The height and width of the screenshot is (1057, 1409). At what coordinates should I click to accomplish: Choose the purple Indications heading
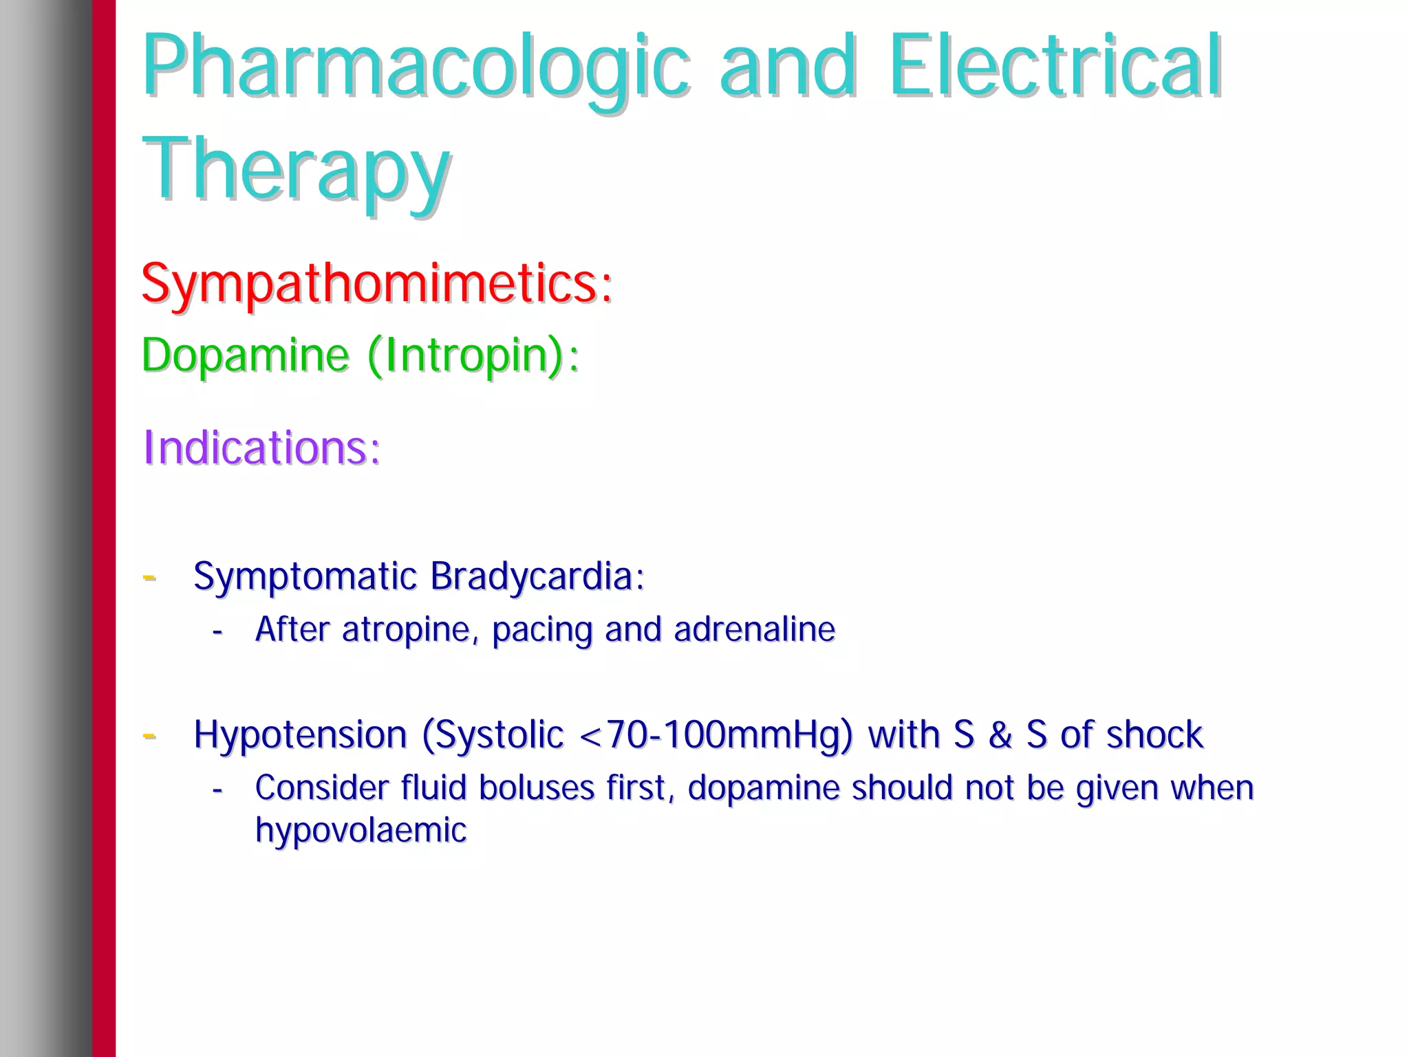(261, 448)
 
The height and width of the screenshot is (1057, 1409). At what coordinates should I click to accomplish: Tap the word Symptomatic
(305, 576)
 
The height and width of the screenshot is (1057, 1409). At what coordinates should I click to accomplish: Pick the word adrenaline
(755, 629)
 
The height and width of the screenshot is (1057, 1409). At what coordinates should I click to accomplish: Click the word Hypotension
(301, 735)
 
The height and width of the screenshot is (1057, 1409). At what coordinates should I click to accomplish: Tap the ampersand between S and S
(1000, 734)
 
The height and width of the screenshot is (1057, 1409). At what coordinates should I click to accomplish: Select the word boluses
(537, 788)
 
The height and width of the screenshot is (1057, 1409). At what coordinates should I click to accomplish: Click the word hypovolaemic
(361, 830)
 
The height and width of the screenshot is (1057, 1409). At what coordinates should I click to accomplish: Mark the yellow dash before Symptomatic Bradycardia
(149, 577)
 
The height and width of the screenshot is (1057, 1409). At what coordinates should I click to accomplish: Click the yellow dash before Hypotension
(149, 736)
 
